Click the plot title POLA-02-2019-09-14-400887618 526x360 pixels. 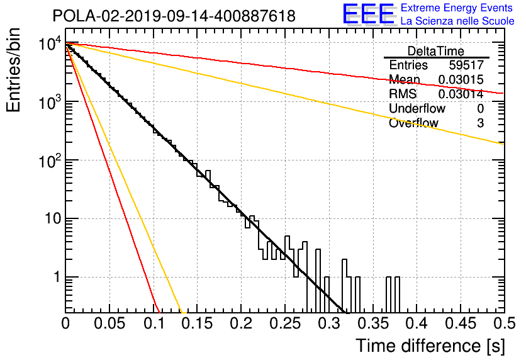(174, 16)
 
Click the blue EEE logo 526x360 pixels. (369, 14)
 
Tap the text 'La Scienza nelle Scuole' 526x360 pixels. (457, 21)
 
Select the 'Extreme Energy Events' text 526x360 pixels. (457, 8)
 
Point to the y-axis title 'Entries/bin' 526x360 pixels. (13, 70)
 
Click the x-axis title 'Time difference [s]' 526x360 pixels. (430, 346)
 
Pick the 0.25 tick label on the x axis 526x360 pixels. (285, 323)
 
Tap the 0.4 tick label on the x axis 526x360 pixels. (416, 323)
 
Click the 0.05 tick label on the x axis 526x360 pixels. (109, 323)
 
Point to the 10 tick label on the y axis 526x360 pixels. (53, 219)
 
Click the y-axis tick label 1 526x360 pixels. (57, 278)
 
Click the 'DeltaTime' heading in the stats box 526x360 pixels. (436, 51)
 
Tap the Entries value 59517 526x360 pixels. (466, 65)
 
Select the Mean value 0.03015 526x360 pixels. (461, 80)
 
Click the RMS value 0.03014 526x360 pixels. (461, 94)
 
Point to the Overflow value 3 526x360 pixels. (480, 123)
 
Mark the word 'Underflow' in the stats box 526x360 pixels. (417, 109)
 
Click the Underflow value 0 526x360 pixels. (480, 109)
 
